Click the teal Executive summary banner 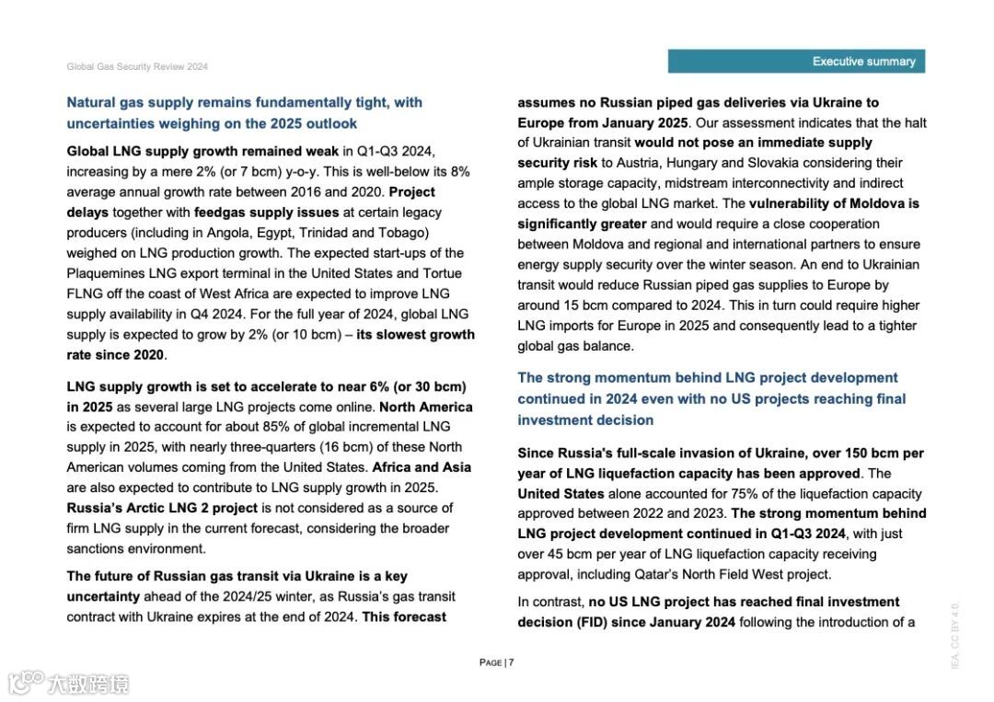tap(796, 62)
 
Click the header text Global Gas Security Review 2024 tap(137, 67)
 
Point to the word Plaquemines tap(105, 273)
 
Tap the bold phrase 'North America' tap(426, 407)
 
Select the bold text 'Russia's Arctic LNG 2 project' tap(162, 508)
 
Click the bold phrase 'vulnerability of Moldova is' tap(834, 203)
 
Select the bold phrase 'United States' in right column tap(561, 494)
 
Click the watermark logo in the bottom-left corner tap(68, 684)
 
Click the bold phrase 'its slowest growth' tap(415, 335)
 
